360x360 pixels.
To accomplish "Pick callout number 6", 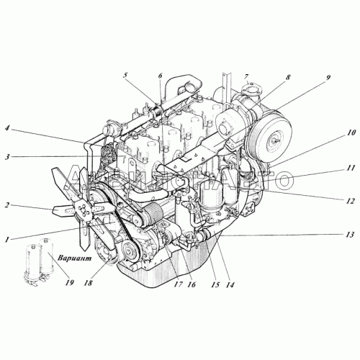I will [160, 76].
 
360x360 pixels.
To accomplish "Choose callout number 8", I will [267, 77].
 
